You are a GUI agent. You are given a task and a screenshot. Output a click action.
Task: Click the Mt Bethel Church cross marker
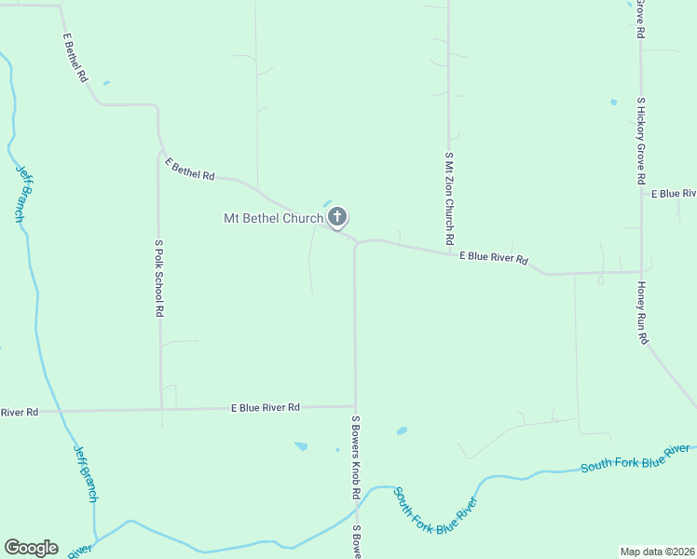[x=337, y=218]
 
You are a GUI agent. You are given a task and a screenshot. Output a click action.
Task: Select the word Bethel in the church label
[x=261, y=219]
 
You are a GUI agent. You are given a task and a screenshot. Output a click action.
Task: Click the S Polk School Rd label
[x=159, y=279]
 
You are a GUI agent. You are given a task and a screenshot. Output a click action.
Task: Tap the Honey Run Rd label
[x=642, y=313]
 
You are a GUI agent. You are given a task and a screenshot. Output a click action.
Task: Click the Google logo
[x=31, y=548]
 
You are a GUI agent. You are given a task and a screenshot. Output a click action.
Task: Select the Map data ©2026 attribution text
[x=658, y=552]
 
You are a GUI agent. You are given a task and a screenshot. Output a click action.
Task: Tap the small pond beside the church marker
[x=326, y=203]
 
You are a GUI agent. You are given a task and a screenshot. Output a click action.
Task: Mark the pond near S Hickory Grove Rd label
[x=613, y=102]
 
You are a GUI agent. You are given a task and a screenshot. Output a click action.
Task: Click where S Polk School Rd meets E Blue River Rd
[x=161, y=409]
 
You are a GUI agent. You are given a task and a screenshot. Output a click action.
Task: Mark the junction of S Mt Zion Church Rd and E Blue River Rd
[x=449, y=251]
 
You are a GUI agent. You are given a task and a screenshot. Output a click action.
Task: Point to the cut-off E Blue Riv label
[x=673, y=194]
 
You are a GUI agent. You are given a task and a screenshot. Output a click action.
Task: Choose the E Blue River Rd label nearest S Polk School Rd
[x=266, y=407]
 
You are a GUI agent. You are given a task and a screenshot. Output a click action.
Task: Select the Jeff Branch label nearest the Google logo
[x=86, y=472]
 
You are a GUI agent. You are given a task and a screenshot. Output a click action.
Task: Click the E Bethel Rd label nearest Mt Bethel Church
[x=190, y=170]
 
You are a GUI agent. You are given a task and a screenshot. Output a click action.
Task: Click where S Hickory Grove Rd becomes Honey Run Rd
[x=641, y=272]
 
